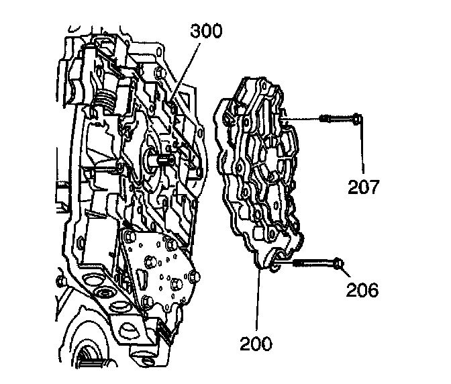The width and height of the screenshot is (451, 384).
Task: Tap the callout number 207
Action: coord(363,186)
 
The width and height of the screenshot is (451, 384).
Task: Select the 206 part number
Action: coord(362,289)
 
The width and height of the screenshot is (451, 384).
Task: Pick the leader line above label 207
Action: coord(363,151)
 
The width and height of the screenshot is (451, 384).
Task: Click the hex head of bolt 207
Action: coord(357,121)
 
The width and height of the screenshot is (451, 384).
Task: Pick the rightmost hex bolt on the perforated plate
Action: coord(195,276)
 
